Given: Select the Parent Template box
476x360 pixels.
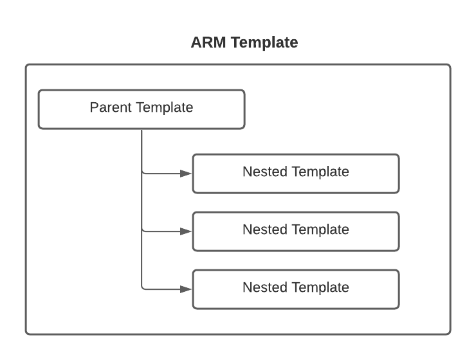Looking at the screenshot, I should [x=142, y=109].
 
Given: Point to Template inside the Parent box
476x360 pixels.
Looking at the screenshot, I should [x=165, y=107].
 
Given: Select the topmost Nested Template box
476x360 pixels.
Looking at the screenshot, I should [x=296, y=173].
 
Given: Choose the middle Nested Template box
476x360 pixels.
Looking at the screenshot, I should [x=296, y=231].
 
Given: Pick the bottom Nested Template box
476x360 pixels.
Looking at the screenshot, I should [x=296, y=289].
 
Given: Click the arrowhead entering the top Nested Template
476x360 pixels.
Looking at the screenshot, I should [x=186, y=173].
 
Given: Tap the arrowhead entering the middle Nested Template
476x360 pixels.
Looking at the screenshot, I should [x=186, y=231].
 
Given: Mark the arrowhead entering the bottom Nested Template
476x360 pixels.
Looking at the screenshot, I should [x=186, y=289].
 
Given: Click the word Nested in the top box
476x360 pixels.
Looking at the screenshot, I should [x=265, y=172].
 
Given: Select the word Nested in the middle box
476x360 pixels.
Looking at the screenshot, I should [x=265, y=230].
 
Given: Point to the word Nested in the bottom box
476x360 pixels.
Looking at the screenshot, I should [x=265, y=287].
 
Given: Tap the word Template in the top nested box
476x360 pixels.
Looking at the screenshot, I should [x=320, y=172].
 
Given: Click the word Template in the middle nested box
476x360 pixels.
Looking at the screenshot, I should [x=320, y=230].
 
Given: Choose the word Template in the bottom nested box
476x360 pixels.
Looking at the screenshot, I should [x=320, y=287].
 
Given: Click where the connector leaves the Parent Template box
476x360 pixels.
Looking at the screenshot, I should [x=142, y=129].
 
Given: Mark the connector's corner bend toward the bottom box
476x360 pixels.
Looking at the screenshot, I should [x=142, y=289].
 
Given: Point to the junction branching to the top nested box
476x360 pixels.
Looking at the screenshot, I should [x=142, y=173].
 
